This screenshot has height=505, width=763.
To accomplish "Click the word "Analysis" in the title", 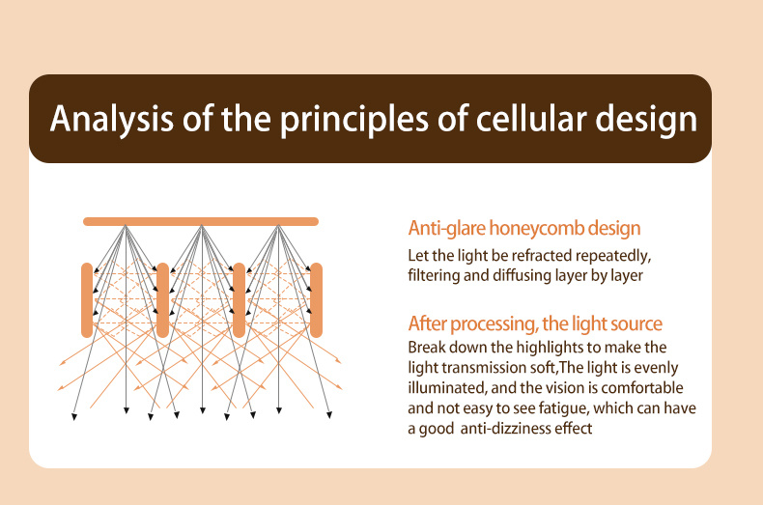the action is pos(111,119).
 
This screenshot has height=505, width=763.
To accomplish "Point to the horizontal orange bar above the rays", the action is pos(201,221).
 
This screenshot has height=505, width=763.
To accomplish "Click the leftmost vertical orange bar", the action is pos(87,299).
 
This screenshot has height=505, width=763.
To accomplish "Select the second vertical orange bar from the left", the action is pos(163,299).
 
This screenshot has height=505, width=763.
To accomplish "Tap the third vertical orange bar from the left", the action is pos(239,299).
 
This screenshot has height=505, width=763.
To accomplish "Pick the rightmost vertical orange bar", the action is pos(316,299).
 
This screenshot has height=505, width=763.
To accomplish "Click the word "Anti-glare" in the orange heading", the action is pos(446,228).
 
